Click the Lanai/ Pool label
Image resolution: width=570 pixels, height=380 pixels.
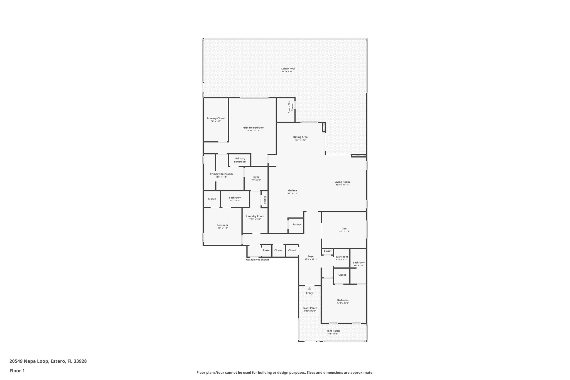click(x=288, y=68)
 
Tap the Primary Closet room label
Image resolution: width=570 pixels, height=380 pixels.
click(x=216, y=118)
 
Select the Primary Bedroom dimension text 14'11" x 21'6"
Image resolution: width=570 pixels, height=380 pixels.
click(x=253, y=131)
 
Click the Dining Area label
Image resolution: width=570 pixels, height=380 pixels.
click(x=300, y=137)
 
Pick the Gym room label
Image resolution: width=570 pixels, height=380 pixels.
click(x=256, y=177)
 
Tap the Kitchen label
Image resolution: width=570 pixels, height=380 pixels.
click(x=292, y=191)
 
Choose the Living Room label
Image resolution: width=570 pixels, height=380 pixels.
click(x=342, y=182)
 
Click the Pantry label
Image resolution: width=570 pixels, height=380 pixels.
click(x=296, y=224)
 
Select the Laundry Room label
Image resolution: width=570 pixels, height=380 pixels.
click(x=255, y=216)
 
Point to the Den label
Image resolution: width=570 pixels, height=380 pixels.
click(x=344, y=229)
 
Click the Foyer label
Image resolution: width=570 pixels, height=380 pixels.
click(x=311, y=256)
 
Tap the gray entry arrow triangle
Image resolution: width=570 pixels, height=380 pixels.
click(x=309, y=289)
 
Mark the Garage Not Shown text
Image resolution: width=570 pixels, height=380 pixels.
click(x=257, y=260)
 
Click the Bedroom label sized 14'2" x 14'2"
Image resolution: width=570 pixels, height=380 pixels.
click(x=343, y=300)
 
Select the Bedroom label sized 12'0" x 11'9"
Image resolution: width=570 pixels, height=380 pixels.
click(x=222, y=225)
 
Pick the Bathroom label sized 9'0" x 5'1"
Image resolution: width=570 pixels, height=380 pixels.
click(x=235, y=198)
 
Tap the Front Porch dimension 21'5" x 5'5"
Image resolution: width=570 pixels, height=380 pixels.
click(x=333, y=334)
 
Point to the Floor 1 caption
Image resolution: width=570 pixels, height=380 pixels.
click(x=17, y=371)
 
